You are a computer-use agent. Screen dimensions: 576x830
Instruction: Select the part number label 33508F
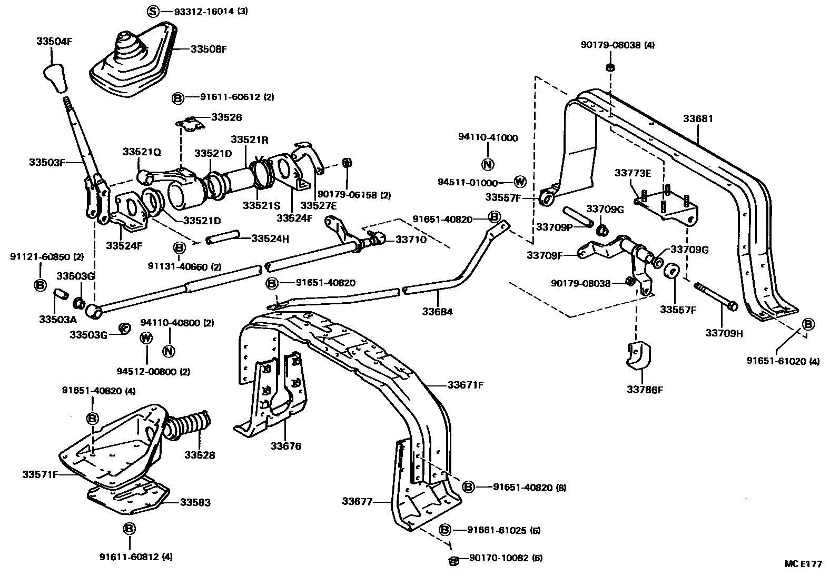[x=208, y=49]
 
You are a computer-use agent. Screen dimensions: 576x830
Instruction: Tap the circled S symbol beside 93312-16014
[x=152, y=11]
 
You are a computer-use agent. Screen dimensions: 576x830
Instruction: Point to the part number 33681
[x=698, y=118]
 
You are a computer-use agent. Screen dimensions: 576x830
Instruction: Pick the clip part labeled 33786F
[x=638, y=357]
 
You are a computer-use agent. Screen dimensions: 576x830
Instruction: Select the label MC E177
[x=803, y=563]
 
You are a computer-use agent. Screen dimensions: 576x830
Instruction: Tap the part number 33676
[x=286, y=446]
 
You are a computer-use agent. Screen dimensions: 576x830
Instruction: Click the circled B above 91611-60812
[x=129, y=528]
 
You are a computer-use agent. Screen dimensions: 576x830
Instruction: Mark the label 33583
[x=195, y=502]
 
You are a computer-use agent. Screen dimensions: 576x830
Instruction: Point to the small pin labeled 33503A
[x=60, y=293]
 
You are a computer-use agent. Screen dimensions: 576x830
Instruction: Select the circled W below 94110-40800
[x=146, y=337]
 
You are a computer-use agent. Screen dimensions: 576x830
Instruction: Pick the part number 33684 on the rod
[x=437, y=312]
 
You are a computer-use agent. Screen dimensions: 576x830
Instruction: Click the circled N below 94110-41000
[x=488, y=164]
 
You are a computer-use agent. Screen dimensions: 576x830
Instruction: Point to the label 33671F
[x=466, y=385]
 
